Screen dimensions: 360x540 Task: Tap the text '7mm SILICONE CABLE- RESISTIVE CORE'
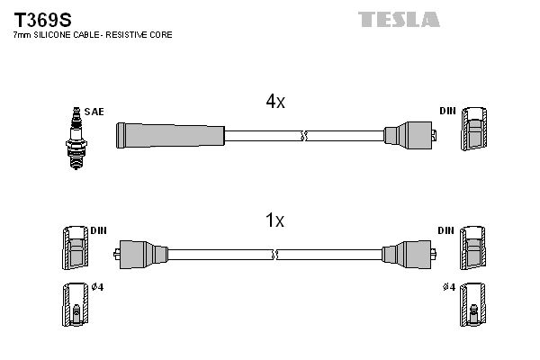point(93,34)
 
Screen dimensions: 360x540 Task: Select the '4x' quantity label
point(275,102)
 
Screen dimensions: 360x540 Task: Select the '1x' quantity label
point(275,220)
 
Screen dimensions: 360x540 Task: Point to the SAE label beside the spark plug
point(95,112)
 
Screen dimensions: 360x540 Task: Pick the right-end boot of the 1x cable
point(406,255)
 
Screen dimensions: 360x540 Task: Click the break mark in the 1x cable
point(275,255)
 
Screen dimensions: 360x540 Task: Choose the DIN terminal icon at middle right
point(472,247)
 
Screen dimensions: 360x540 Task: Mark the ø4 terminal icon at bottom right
point(472,306)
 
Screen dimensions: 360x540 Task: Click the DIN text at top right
point(447,112)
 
